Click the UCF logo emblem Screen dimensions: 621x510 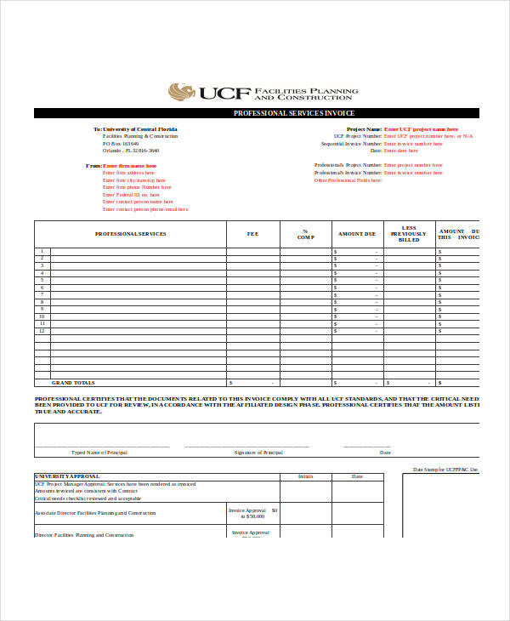tap(181, 91)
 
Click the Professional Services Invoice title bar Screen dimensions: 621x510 tap(293, 113)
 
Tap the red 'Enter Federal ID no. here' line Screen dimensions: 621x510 tap(131, 195)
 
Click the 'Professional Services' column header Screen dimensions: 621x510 tap(130, 234)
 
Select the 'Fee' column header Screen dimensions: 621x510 tap(252, 234)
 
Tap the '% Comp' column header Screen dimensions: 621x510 tap(305, 234)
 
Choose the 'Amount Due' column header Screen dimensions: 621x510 tap(357, 234)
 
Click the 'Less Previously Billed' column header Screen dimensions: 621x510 tap(409, 234)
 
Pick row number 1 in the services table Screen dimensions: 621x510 tap(42, 251)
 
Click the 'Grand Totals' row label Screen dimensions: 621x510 tap(74, 383)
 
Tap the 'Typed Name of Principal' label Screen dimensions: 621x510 tap(101, 453)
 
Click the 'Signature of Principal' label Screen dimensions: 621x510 tap(258, 453)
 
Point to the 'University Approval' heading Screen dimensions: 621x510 tap(67, 476)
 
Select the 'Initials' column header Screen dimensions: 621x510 tap(306, 476)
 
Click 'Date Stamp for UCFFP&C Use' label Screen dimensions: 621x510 tap(445, 470)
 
